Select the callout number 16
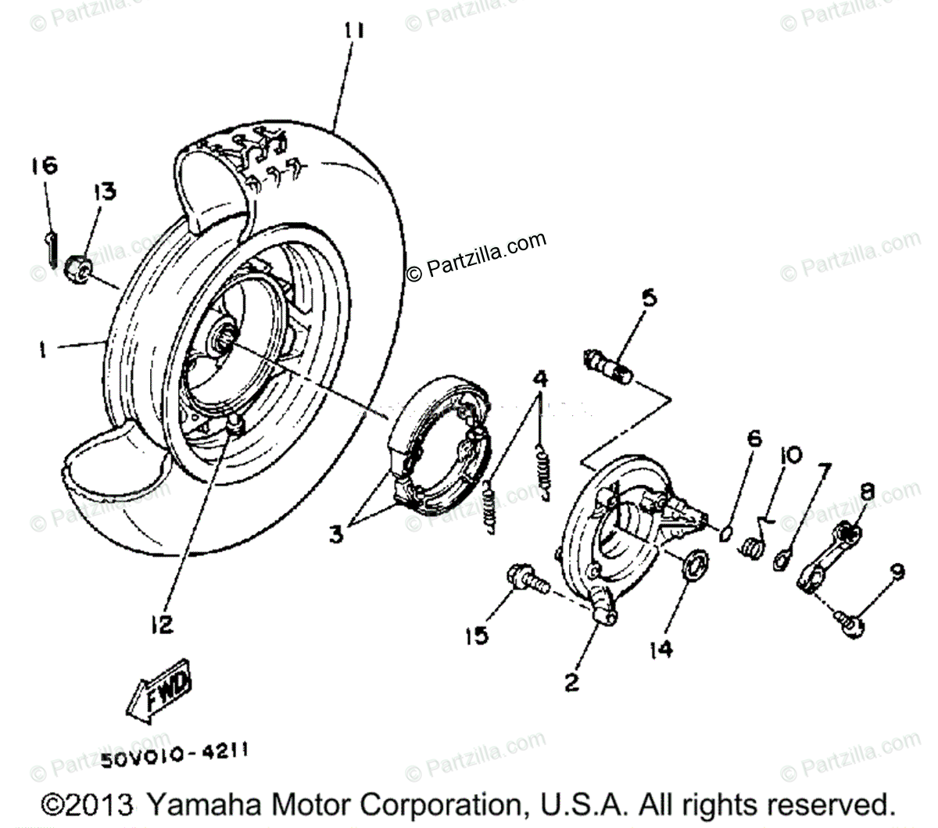point(44,166)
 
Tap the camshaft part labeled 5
point(606,365)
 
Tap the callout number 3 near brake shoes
point(335,536)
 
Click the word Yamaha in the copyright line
point(200,805)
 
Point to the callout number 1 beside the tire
point(44,349)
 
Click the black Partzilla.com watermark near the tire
point(476,256)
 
